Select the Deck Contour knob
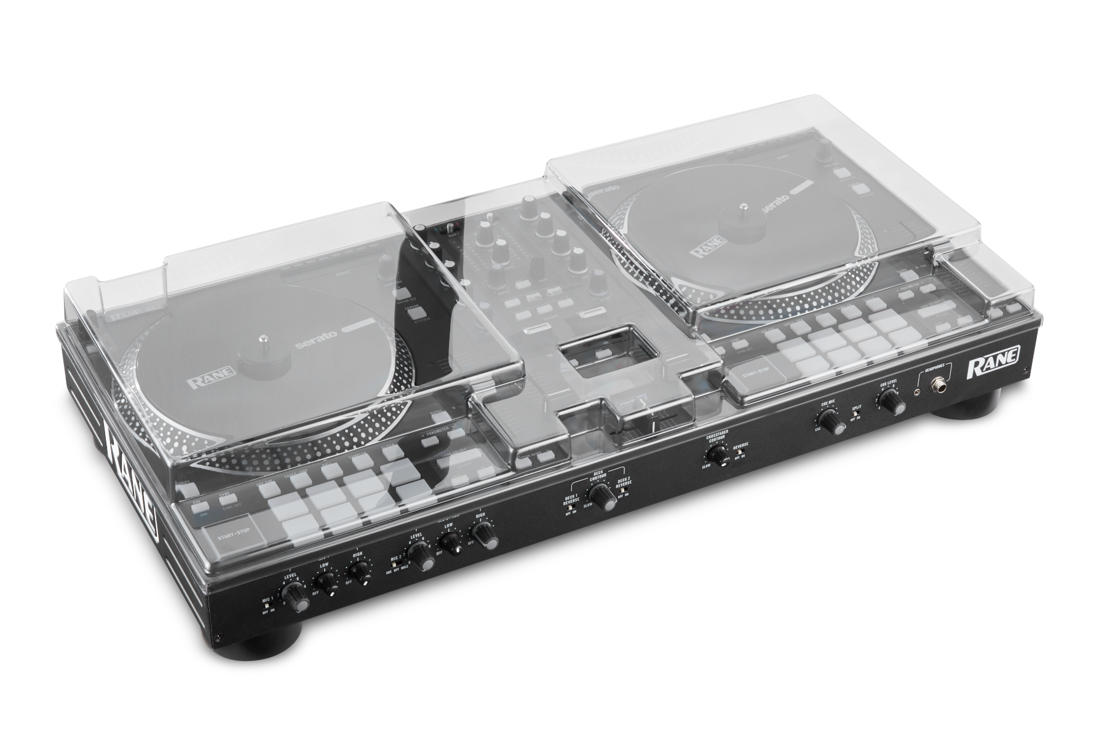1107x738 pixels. coord(600,494)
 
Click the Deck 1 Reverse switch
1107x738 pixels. coord(569,508)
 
